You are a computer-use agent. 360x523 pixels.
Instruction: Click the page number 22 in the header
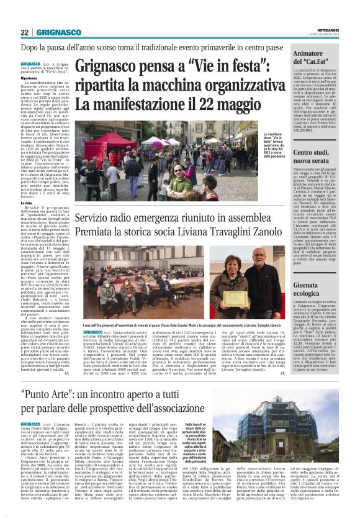(x=25, y=32)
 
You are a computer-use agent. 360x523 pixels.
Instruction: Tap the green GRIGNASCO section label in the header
(x=57, y=32)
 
